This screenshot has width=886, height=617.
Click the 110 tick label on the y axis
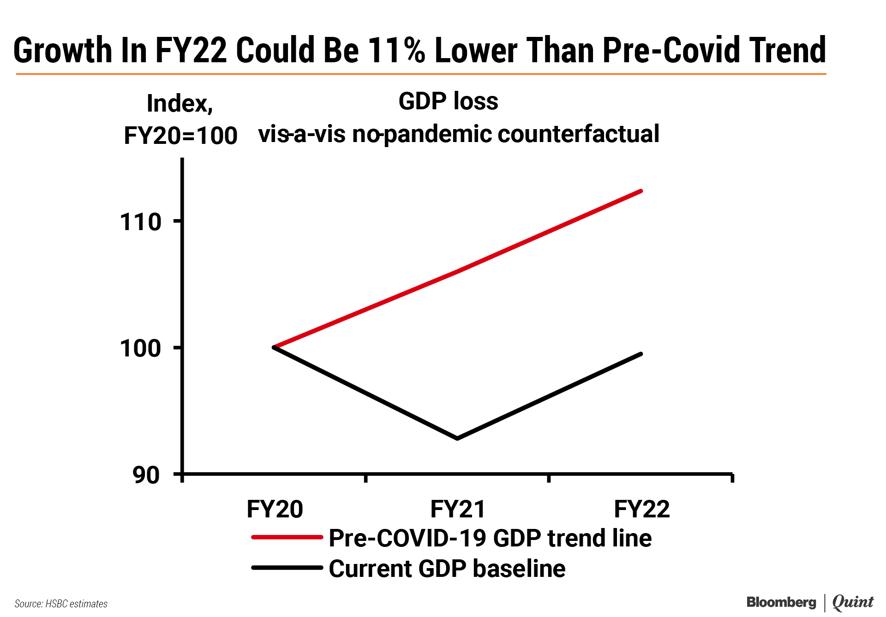click(x=140, y=222)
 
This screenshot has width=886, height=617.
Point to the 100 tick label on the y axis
click(x=140, y=349)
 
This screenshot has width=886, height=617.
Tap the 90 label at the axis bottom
click(x=146, y=475)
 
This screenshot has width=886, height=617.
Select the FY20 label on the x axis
click(x=275, y=509)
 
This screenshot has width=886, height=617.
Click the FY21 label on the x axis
click(x=457, y=509)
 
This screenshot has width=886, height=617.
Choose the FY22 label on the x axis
click(x=641, y=509)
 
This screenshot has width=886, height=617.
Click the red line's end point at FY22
click(x=641, y=191)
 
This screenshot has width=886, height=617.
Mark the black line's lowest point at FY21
click(x=457, y=438)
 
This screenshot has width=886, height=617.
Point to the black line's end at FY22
click(x=641, y=354)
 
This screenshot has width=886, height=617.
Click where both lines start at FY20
click(x=275, y=347)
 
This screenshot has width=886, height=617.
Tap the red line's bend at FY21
click(x=457, y=271)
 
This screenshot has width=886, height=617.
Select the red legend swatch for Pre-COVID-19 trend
click(x=287, y=537)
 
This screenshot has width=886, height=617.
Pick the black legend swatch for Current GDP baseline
click(x=287, y=568)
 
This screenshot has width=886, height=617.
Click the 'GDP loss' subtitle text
click(x=448, y=101)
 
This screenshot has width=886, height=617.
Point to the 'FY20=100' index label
click(x=180, y=136)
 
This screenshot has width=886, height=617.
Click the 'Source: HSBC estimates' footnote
click(x=61, y=604)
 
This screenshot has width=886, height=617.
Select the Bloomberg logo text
click(x=781, y=602)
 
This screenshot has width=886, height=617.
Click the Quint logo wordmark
click(x=853, y=602)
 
